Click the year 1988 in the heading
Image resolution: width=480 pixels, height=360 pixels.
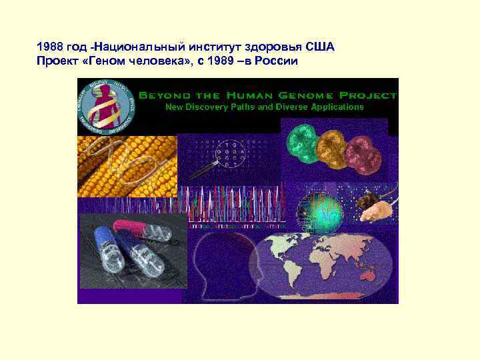pos(49,49)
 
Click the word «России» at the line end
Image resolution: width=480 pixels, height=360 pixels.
pos(277,61)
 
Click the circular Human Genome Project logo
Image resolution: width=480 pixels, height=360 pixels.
pos(107,106)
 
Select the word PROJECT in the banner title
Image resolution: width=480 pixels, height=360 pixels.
pos(365,95)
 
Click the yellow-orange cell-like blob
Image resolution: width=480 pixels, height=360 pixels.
pos(331,151)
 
